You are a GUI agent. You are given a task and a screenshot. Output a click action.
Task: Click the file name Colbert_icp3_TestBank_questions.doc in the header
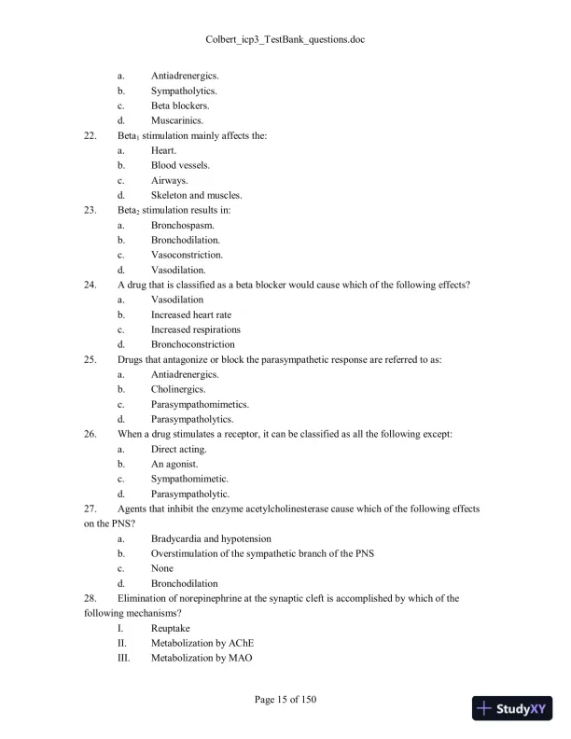[285, 42]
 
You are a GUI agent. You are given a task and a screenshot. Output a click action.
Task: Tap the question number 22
[91, 135]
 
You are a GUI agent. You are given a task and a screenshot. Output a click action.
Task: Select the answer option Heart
[163, 150]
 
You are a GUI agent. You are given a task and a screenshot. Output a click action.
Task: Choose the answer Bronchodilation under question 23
[186, 240]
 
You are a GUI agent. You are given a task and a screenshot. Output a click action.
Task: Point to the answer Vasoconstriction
[187, 255]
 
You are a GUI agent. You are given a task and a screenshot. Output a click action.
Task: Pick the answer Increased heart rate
[191, 314]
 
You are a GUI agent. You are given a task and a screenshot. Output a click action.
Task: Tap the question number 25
[91, 359]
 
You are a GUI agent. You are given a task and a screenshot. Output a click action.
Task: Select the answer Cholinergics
[178, 389]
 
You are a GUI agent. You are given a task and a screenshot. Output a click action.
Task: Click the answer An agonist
[175, 464]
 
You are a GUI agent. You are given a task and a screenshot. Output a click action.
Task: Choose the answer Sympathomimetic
[189, 479]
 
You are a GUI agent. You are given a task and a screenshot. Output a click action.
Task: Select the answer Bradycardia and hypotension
[211, 538]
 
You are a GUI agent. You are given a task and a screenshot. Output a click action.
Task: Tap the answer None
[162, 568]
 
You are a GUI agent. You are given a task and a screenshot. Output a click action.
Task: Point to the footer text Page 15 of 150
[285, 700]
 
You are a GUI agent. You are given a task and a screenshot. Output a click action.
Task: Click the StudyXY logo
[512, 708]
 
